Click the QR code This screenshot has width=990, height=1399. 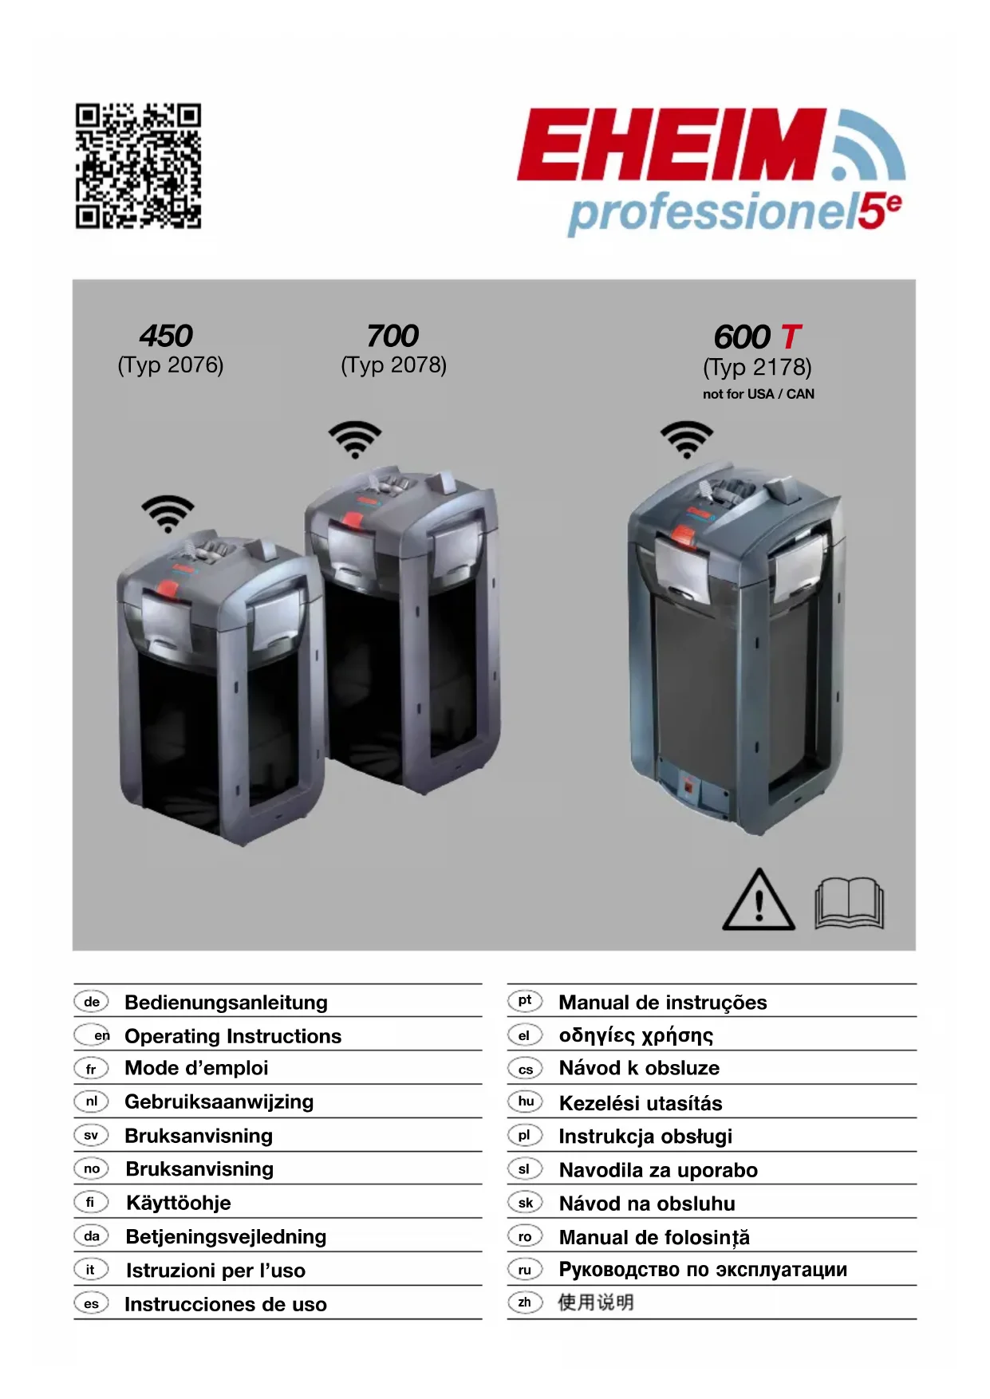(x=138, y=165)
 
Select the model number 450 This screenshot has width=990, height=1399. (x=166, y=336)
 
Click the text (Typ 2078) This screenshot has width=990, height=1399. (x=393, y=365)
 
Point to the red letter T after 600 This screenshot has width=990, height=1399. (x=790, y=337)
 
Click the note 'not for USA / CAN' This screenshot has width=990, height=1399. (x=758, y=394)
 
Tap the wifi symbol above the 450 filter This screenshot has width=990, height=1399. (x=168, y=514)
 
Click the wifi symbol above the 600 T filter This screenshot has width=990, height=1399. (x=687, y=439)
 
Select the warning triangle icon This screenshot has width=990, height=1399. (x=759, y=900)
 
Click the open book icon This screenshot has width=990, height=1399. (x=849, y=904)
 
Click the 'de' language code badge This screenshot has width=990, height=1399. (x=92, y=1002)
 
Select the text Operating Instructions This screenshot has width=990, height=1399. (x=233, y=1036)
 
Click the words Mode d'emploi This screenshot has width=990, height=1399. (x=196, y=1068)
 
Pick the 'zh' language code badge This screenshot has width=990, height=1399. (x=524, y=1302)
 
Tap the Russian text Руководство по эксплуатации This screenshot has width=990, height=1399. (x=703, y=1269)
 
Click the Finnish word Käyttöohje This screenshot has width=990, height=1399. (x=179, y=1203)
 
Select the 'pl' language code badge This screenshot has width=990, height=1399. (x=524, y=1135)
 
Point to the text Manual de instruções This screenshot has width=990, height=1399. (x=663, y=1003)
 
